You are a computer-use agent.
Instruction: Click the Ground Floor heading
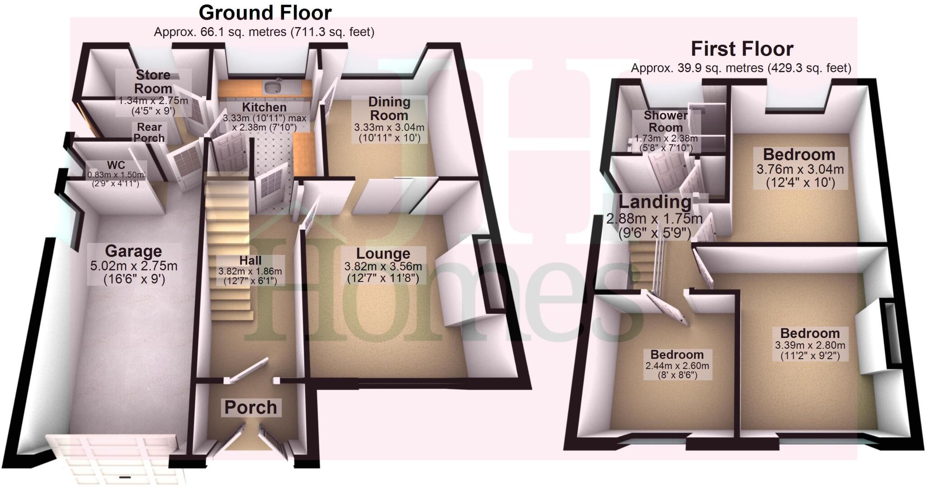point(265,13)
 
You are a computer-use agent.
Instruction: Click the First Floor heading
point(742,49)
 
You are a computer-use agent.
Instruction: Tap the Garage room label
point(133,251)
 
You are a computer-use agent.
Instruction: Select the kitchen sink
point(274,85)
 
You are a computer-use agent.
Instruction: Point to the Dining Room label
point(389,108)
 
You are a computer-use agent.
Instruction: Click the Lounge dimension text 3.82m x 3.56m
point(383,267)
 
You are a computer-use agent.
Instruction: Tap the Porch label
point(250,407)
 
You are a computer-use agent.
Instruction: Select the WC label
point(116,165)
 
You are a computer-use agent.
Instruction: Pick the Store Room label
point(153,81)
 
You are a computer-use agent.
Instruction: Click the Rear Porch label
point(149,132)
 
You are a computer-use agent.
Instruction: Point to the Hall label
point(250,261)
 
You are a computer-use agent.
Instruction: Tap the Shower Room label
point(666,121)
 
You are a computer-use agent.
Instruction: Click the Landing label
point(655,202)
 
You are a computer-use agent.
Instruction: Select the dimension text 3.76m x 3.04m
point(800,169)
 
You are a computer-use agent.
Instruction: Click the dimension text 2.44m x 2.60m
point(677,365)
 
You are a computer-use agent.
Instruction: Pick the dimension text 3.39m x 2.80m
point(810,345)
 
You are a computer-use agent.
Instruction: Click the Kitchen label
point(264,108)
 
